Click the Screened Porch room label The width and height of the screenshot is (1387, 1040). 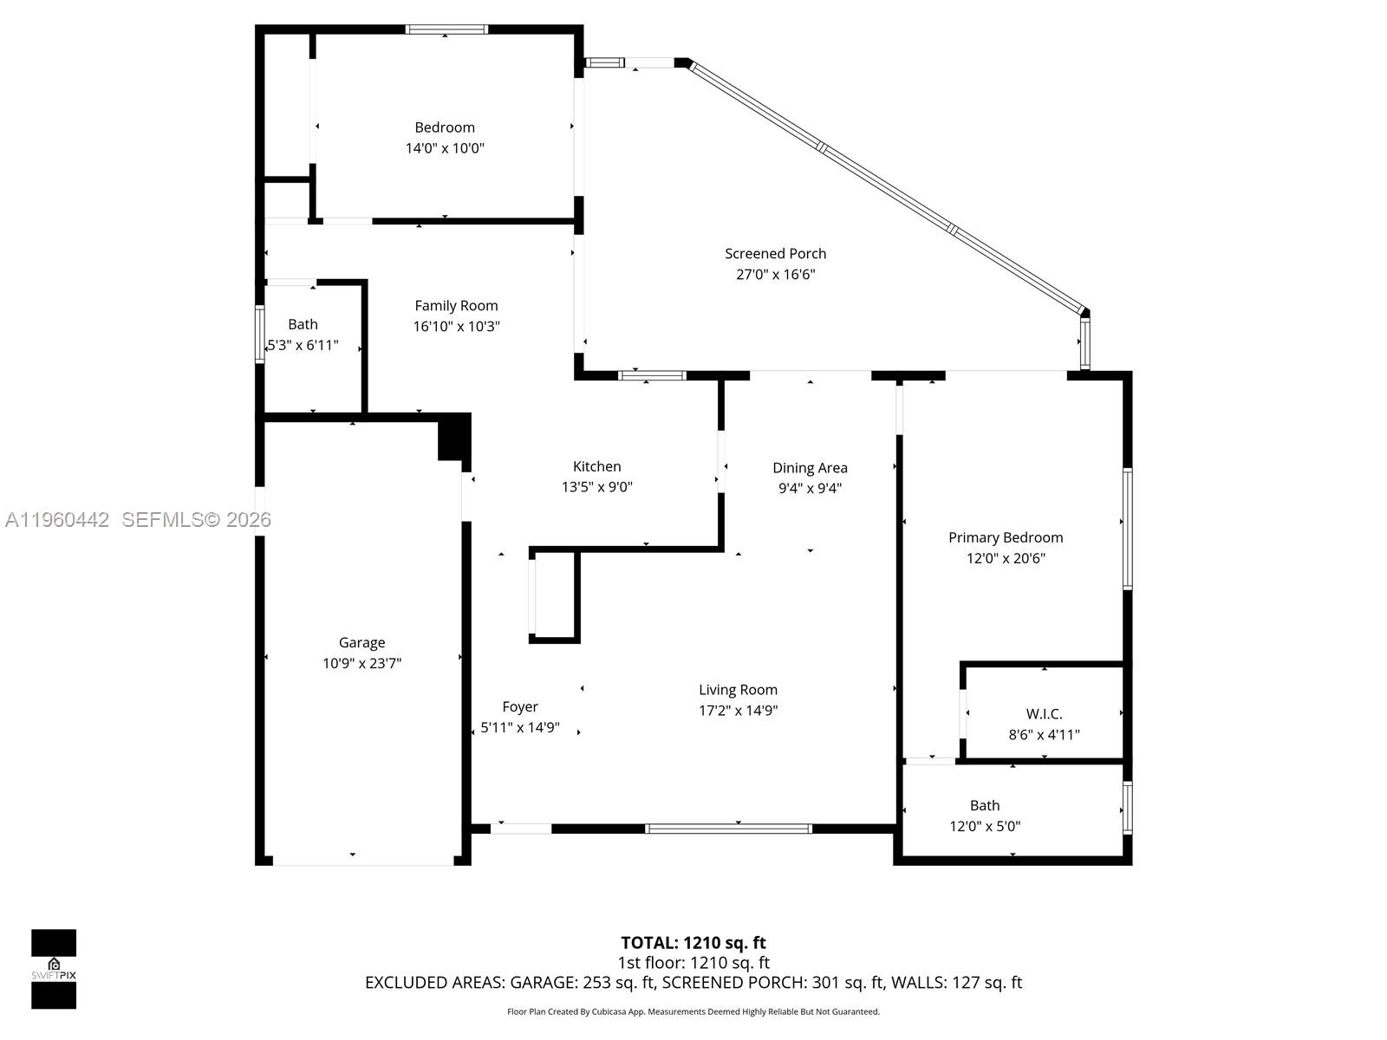pyautogui.click(x=775, y=253)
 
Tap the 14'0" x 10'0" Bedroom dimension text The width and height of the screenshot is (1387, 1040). pyautogui.click(x=445, y=148)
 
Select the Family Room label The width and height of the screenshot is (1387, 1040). pyautogui.click(x=456, y=305)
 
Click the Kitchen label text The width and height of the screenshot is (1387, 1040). pyautogui.click(x=596, y=466)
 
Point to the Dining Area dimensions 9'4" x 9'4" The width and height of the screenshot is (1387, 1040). pyautogui.click(x=810, y=488)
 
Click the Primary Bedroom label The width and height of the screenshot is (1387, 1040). pyautogui.click(x=1005, y=537)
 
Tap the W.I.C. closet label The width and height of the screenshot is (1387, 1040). pyautogui.click(x=1044, y=714)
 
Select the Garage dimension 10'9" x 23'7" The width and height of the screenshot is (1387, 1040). pyautogui.click(x=361, y=664)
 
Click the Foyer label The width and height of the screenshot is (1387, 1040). pyautogui.click(x=520, y=706)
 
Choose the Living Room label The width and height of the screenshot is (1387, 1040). pyautogui.click(x=738, y=690)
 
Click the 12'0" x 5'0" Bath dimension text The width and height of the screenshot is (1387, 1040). pyautogui.click(x=985, y=827)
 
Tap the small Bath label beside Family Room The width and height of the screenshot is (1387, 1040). pyautogui.click(x=303, y=324)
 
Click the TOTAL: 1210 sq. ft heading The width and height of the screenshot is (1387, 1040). pyautogui.click(x=693, y=943)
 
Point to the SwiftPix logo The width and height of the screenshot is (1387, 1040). pyautogui.click(x=54, y=968)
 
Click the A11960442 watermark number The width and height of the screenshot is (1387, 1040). pyautogui.click(x=57, y=520)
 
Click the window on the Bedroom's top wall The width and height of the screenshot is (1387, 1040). pyautogui.click(x=446, y=29)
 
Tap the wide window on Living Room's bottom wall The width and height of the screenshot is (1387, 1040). pyautogui.click(x=728, y=829)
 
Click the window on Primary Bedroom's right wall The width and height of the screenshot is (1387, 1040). pyautogui.click(x=1127, y=529)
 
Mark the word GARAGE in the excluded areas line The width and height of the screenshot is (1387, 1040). pyautogui.click(x=541, y=983)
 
